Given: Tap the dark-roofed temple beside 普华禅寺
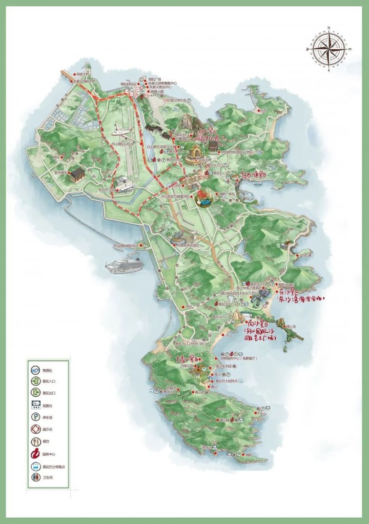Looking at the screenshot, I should (x=77, y=173).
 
